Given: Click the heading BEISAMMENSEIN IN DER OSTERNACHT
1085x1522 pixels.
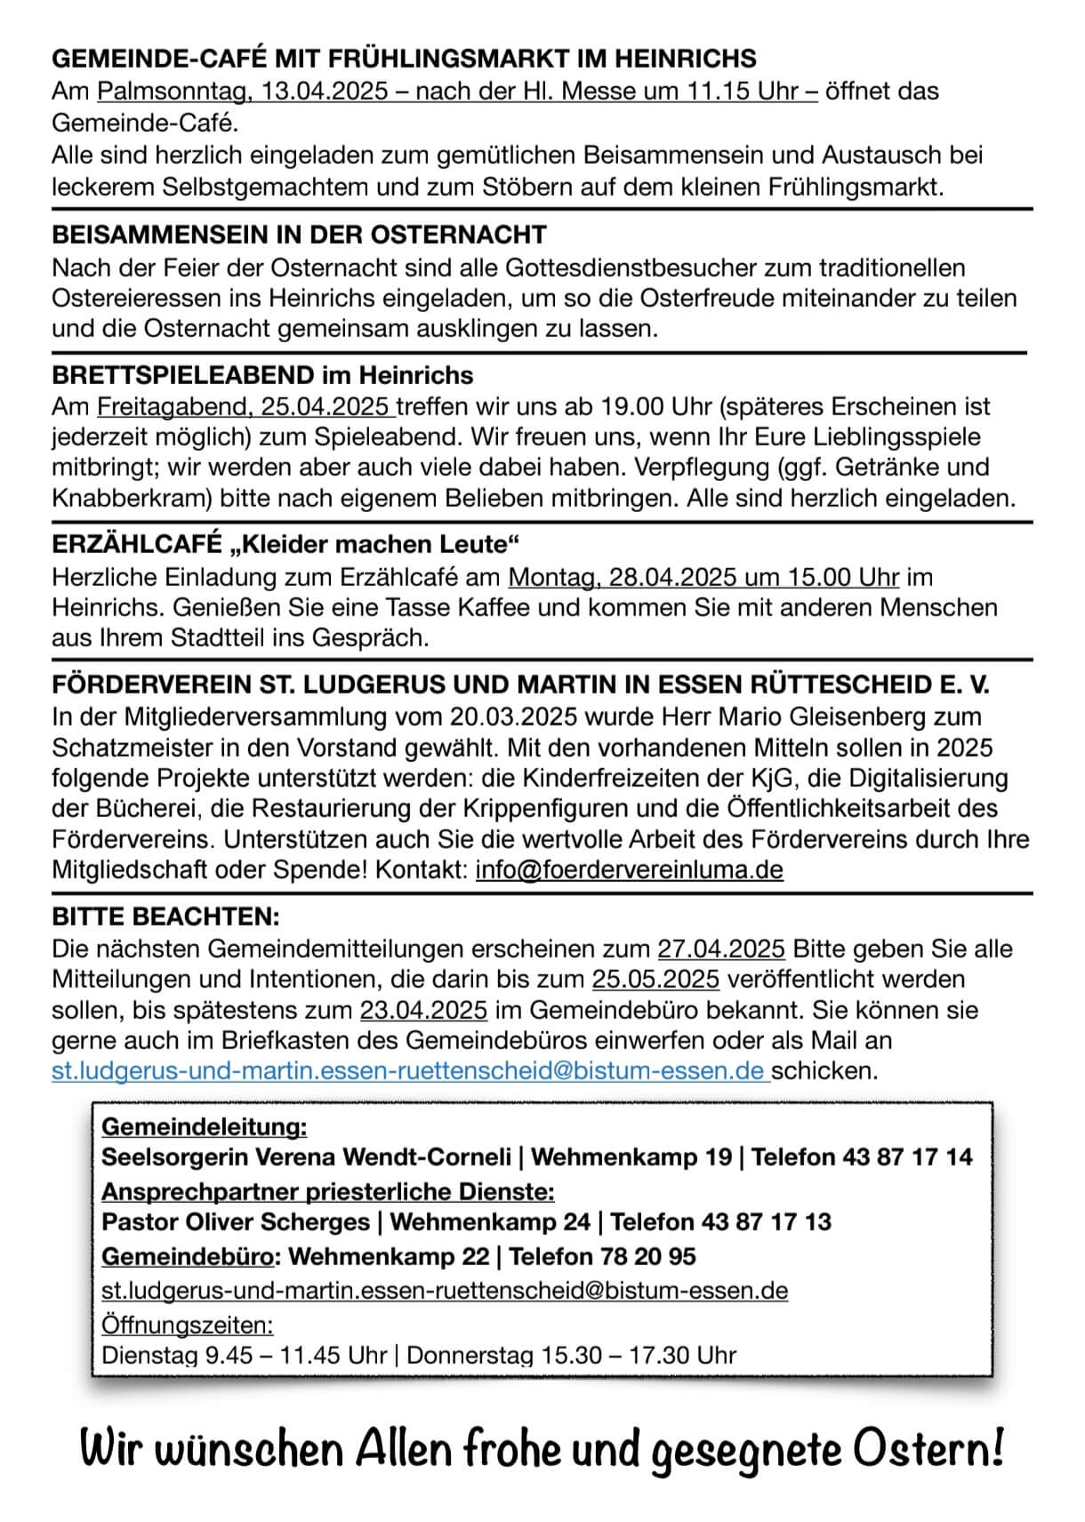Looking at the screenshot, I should [x=299, y=235].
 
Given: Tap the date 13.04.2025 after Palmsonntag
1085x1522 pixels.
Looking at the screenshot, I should [x=324, y=92].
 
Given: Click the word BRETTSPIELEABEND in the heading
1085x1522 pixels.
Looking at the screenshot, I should [x=183, y=375].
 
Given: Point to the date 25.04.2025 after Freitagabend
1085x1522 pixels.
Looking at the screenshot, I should [x=326, y=407].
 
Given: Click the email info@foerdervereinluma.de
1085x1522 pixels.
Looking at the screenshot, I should [x=629, y=869].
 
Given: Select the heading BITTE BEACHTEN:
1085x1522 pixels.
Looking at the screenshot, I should [x=165, y=916].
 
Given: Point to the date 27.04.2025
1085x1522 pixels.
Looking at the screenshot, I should [x=720, y=949].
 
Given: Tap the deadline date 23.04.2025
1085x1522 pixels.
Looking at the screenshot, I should [x=423, y=1010].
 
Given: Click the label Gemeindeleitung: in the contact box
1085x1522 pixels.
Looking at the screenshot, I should [x=205, y=1126].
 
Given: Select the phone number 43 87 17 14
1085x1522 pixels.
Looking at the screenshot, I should [x=907, y=1157].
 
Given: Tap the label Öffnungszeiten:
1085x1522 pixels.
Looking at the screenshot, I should [x=188, y=1325].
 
